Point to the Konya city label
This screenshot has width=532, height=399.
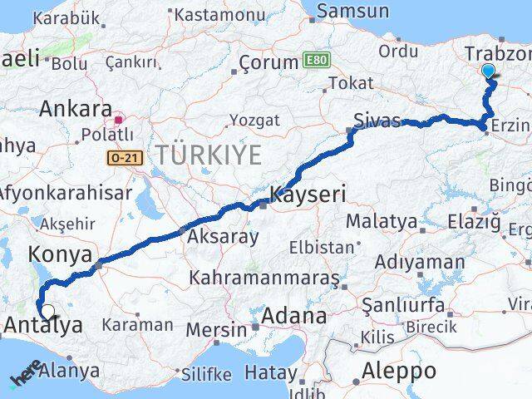pos(55,253)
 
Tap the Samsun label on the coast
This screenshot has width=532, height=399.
pos(352,11)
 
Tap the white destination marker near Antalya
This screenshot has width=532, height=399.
pos(48,313)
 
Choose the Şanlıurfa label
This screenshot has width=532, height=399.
pos(403,305)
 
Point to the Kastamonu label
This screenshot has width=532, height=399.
pos(219,14)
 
